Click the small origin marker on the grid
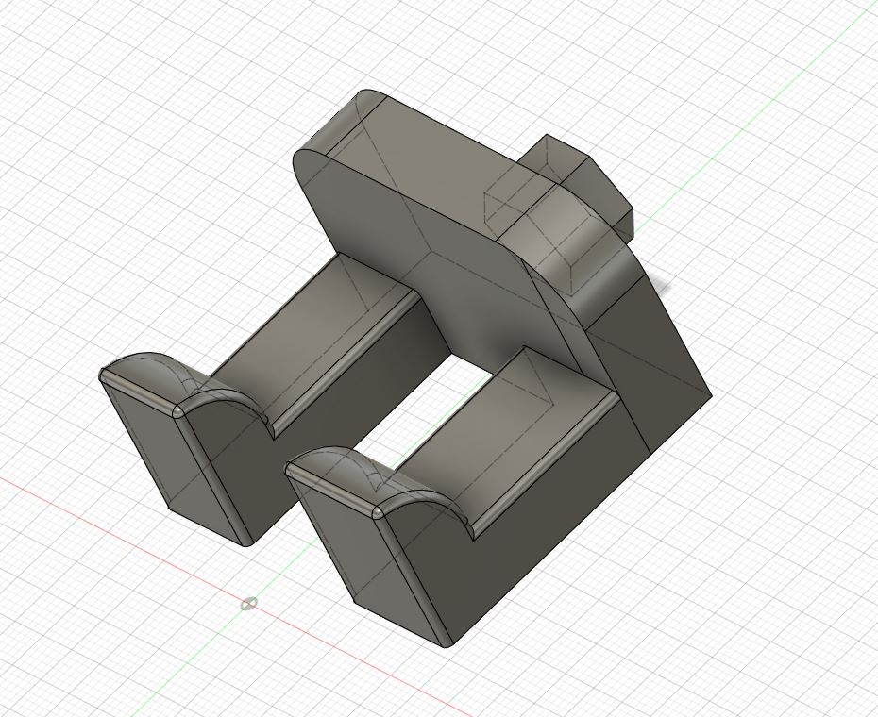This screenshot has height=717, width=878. coord(248,604)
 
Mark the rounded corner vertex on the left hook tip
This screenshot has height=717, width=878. coord(178,412)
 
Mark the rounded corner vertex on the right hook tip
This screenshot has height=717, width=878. coord(377,512)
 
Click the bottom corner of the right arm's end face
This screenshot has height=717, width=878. coord(446,646)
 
